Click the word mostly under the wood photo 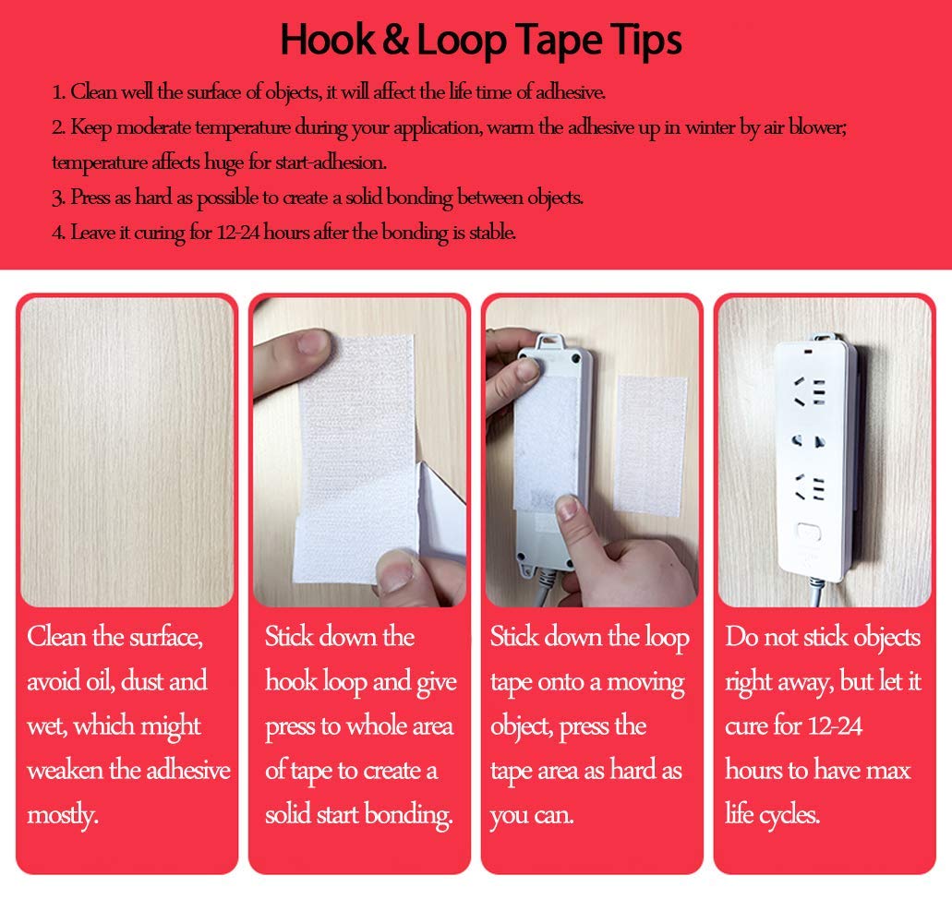(x=60, y=815)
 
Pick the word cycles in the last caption (x=788, y=815)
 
